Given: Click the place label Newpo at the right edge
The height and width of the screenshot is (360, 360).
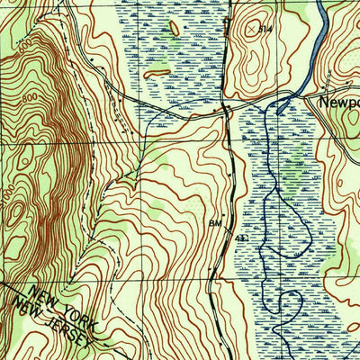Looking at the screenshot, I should [x=339, y=103].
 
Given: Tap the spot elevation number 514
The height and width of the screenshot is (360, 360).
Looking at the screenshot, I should [x=263, y=30].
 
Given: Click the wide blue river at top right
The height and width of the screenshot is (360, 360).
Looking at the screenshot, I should [x=319, y=36].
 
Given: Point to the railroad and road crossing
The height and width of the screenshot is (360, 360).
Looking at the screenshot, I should [x=226, y=109].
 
